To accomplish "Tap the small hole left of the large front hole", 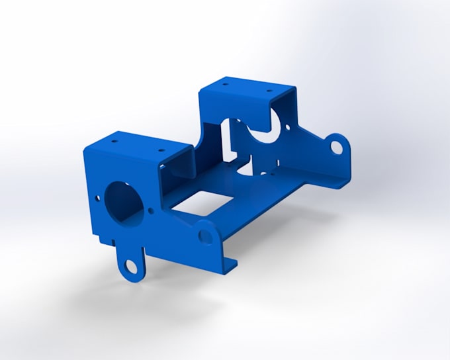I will [98, 197].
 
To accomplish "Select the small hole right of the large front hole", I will [152, 210].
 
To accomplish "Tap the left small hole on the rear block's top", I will [226, 85].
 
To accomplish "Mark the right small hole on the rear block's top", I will [268, 90].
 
